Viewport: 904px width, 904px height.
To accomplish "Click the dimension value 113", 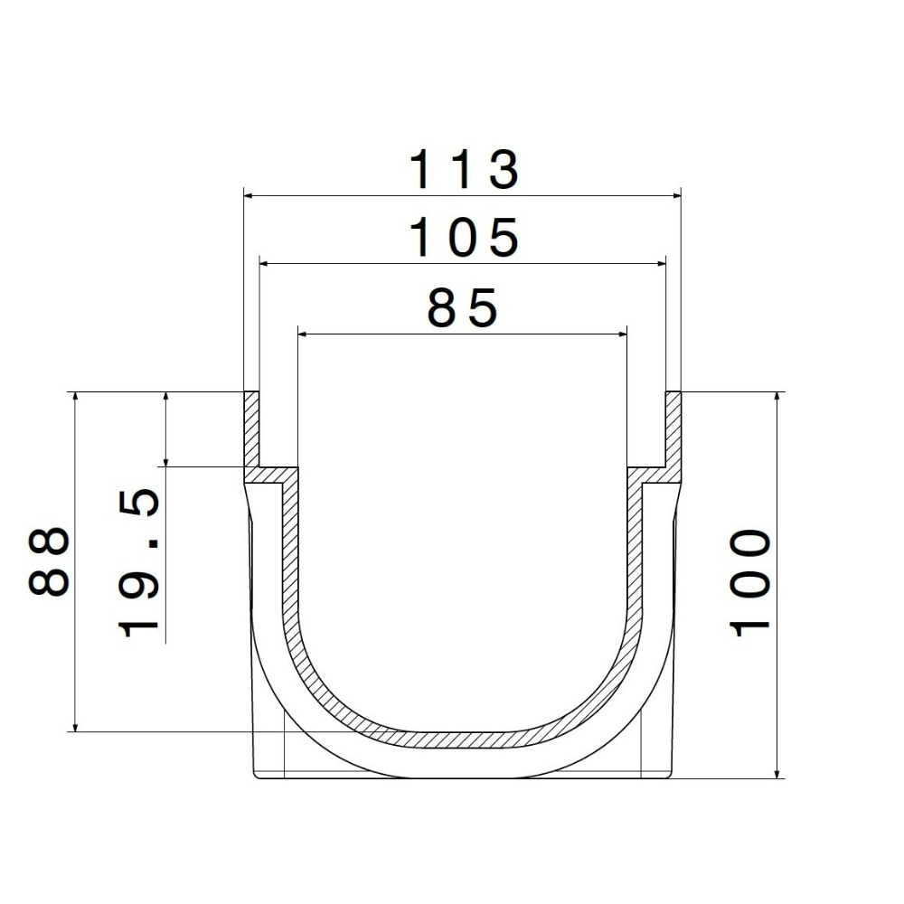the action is [x=464, y=170].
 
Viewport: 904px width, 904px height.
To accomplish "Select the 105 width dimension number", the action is [x=464, y=238].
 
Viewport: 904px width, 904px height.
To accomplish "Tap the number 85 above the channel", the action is [x=462, y=307].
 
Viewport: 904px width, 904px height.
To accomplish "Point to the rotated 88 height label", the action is [x=49, y=560].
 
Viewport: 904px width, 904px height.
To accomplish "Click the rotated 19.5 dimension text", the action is [x=138, y=562].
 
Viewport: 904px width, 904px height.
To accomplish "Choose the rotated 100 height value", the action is [x=750, y=583].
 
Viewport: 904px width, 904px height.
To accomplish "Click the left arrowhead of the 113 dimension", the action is [x=249, y=196].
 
